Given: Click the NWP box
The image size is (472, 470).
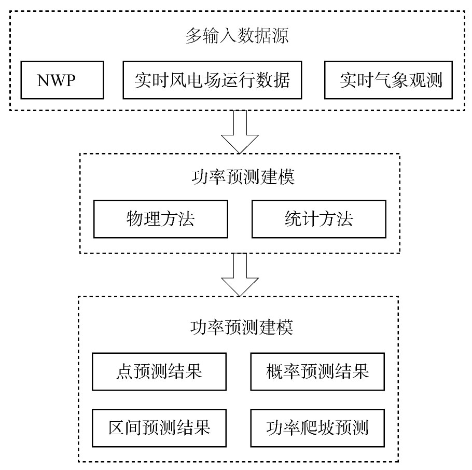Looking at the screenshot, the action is pyautogui.click(x=62, y=80).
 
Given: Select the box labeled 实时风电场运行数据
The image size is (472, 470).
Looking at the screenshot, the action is pyautogui.click(x=212, y=80).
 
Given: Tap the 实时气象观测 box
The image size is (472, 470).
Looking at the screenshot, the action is pyautogui.click(x=388, y=80).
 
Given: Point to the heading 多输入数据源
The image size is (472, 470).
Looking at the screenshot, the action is pyautogui.click(x=237, y=35).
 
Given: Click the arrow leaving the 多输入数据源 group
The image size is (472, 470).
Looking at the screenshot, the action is pyautogui.click(x=240, y=132).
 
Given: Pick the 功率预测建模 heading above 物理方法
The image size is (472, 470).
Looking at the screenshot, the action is pyautogui.click(x=243, y=176).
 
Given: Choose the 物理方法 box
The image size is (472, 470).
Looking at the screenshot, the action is pyautogui.click(x=161, y=219).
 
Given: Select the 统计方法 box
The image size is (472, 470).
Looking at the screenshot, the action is pyautogui.click(x=319, y=219).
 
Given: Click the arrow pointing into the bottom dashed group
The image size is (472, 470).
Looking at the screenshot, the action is pyautogui.click(x=240, y=274).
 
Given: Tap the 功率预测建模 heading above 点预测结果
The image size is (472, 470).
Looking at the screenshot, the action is pyautogui.click(x=241, y=327).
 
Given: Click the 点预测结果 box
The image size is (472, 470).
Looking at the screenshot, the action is pyautogui.click(x=159, y=371).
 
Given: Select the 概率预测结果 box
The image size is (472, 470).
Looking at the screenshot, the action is pyautogui.click(x=317, y=371).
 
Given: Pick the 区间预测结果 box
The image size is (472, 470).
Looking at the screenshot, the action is pyautogui.click(x=159, y=428).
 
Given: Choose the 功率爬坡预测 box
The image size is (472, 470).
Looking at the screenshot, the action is pyautogui.click(x=317, y=428).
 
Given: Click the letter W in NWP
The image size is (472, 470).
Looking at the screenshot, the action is pyautogui.click(x=57, y=80).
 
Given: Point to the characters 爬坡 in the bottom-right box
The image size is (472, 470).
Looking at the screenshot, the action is pyautogui.click(x=317, y=427).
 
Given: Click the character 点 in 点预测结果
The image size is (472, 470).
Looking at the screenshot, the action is pyautogui.click(x=124, y=371).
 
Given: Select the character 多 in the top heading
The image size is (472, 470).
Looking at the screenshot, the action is pyautogui.click(x=193, y=35).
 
